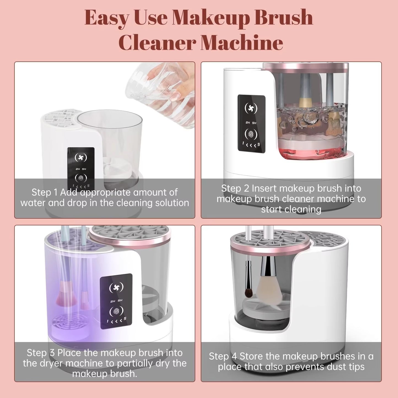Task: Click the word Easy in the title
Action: coord(106,18)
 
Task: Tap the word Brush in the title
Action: coord(283,18)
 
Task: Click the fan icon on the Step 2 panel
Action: coord(251,108)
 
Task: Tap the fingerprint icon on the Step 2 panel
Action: coord(251,134)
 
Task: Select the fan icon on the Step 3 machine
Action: coord(116,288)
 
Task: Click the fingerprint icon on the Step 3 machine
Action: coord(116,311)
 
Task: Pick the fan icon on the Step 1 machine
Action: coord(81,158)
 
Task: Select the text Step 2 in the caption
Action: coord(235,188)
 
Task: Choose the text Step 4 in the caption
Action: coord(223,356)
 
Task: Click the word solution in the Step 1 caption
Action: coord(172,203)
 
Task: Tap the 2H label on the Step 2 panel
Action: coord(248,123)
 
